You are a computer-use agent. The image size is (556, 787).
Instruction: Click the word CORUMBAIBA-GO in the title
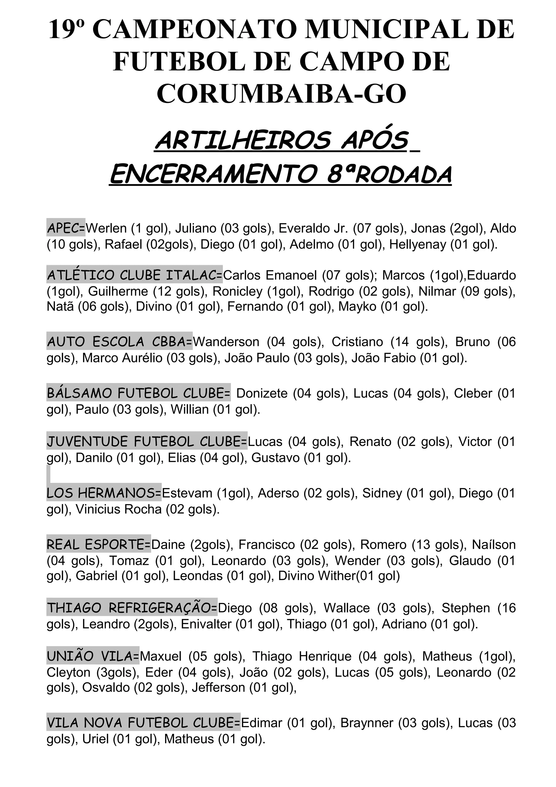(x=281, y=94)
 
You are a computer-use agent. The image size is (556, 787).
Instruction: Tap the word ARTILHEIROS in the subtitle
(x=243, y=141)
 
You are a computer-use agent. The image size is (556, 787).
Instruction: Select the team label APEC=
(x=66, y=228)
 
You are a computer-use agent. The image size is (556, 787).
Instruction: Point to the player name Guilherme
(x=118, y=291)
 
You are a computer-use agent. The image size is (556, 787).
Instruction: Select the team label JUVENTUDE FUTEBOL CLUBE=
(x=147, y=442)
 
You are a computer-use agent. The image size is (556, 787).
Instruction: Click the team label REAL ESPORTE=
(x=99, y=545)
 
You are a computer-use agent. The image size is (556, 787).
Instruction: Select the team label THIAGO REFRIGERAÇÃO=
(x=132, y=608)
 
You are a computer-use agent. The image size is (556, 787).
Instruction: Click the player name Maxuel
(x=161, y=656)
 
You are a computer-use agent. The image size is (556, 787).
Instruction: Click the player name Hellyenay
(x=418, y=244)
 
